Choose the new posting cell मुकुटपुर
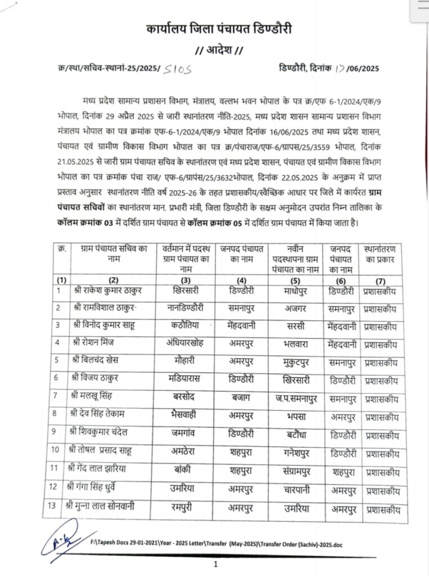click(x=296, y=361)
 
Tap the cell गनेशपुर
click(x=296, y=452)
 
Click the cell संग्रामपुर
click(x=296, y=470)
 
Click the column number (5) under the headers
click(x=296, y=280)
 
